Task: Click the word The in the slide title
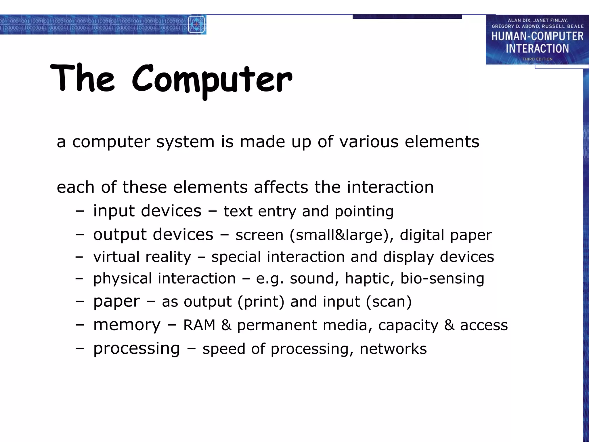coord(83,78)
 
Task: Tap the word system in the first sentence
coord(185,142)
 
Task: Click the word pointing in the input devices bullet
coord(364,212)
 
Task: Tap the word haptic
coord(369,279)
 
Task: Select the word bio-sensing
coord(442,279)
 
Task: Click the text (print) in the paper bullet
coord(261,302)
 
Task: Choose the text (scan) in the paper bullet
coord(389,302)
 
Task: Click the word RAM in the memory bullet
coord(199,325)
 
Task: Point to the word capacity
coord(408,326)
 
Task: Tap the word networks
coord(393,349)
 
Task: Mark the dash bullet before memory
coord(80,325)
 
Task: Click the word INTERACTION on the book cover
coord(537,49)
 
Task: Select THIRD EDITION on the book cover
coord(537,59)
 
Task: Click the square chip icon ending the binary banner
coord(196,24)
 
